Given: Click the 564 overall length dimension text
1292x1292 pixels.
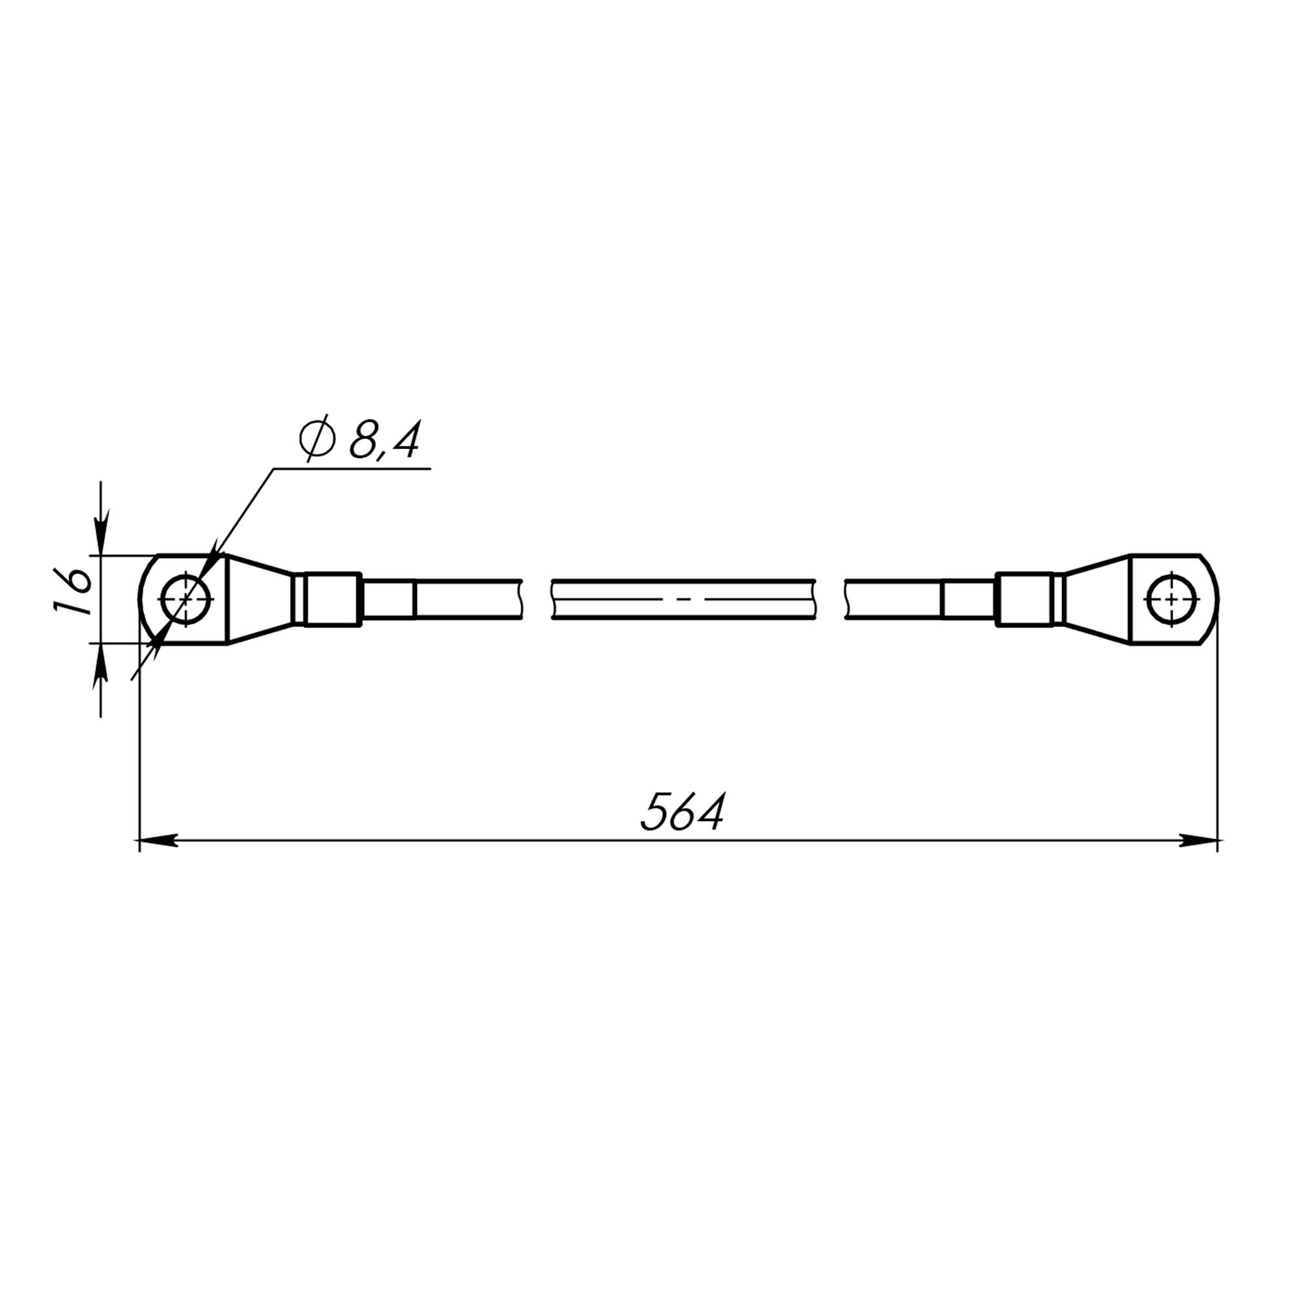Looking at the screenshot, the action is pyautogui.click(x=683, y=813).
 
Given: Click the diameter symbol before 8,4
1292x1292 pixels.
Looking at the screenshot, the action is pyautogui.click(x=317, y=439).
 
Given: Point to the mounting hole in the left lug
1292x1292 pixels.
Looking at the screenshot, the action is pyautogui.click(x=186, y=599).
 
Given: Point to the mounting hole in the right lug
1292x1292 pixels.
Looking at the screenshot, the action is pyautogui.click(x=1171, y=599).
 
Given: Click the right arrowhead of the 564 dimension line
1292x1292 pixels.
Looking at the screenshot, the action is pyautogui.click(x=1197, y=840).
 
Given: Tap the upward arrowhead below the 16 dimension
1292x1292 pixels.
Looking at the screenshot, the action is pyautogui.click(x=101, y=665).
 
